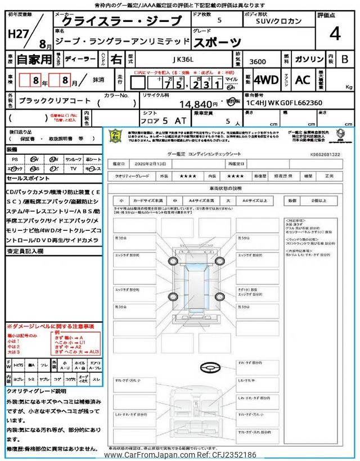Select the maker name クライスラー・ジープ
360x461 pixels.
pyautogui.click(x=121, y=21)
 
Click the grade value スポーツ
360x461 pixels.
pyautogui.click(x=217, y=41)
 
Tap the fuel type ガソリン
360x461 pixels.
pyautogui.click(x=308, y=59)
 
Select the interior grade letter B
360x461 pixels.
pyautogui.click(x=344, y=59)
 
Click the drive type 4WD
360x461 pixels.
pyautogui.click(x=265, y=79)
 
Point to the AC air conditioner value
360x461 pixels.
pyautogui.click(x=303, y=79)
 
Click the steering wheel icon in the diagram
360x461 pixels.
pyautogui.click(x=209, y=368)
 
